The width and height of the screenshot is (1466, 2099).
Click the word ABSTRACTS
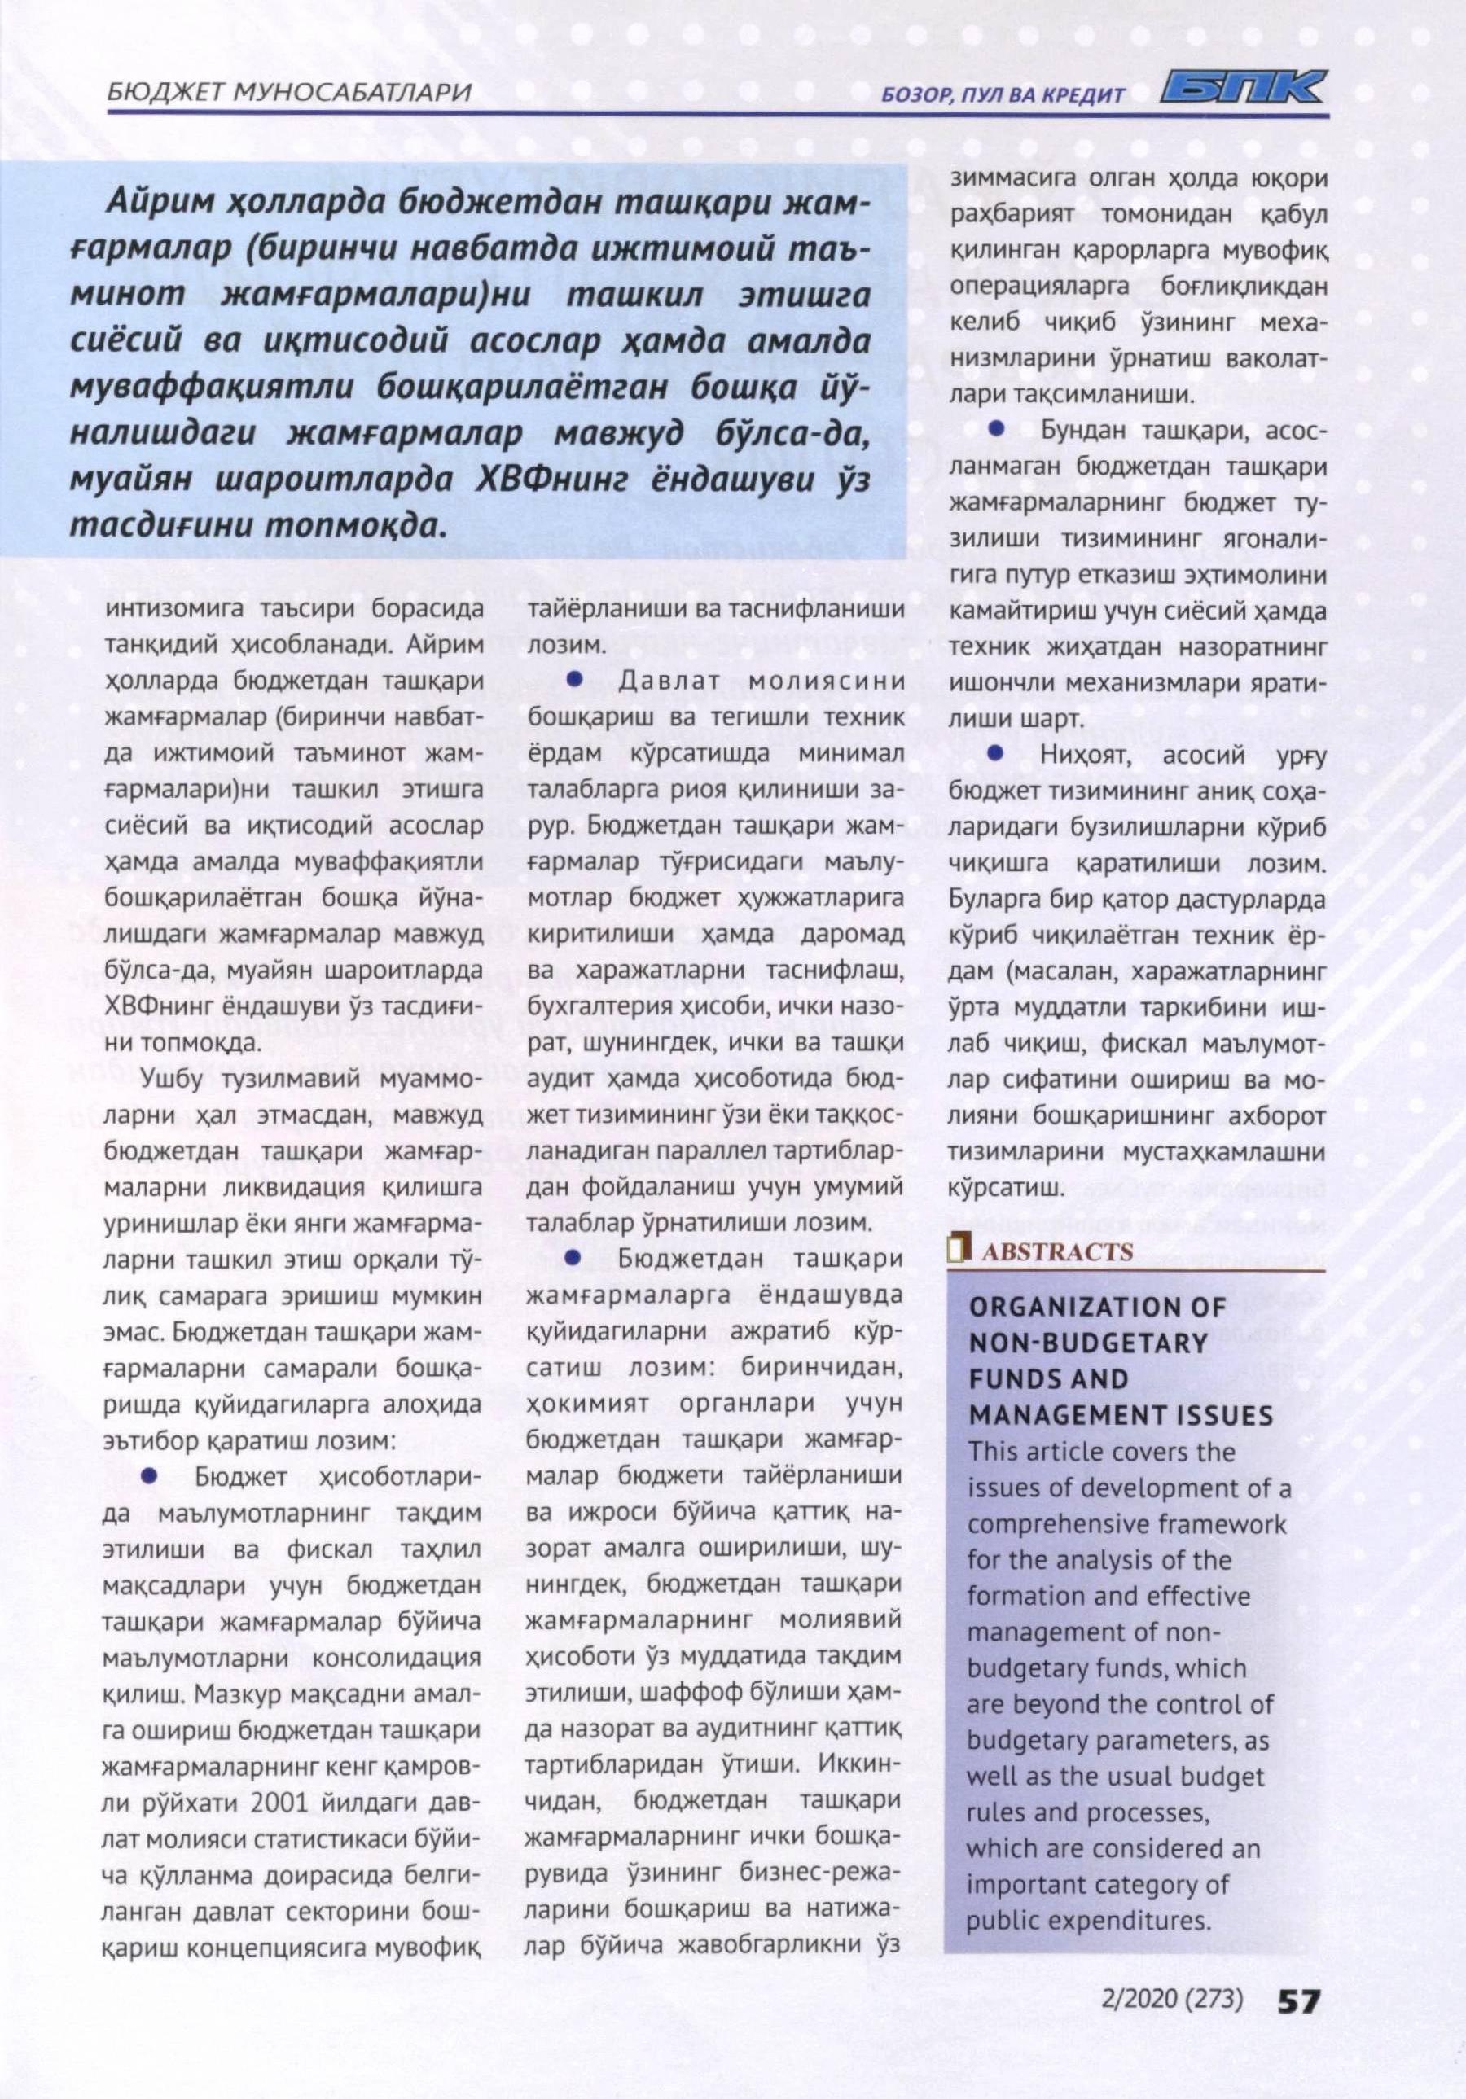pos(1057,1251)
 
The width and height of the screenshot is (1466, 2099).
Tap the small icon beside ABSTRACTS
pos(959,1250)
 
